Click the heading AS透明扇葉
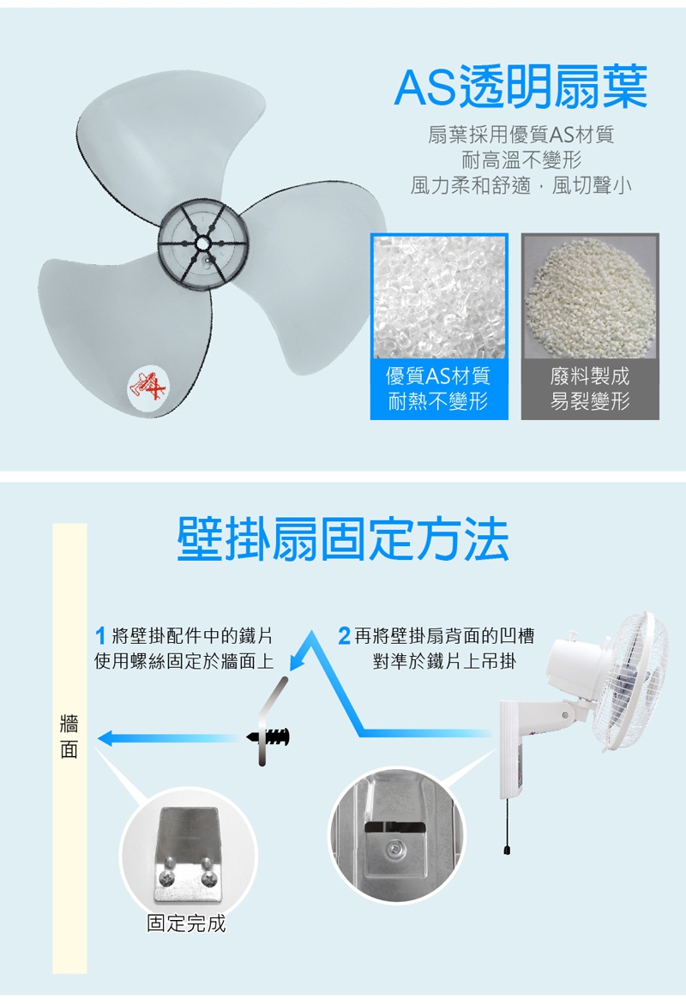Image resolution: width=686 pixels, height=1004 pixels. [x=521, y=87]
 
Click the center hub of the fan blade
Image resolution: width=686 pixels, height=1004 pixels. [x=203, y=244]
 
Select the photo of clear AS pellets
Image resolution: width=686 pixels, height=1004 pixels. [x=439, y=296]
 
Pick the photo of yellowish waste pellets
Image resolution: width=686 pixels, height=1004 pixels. [x=590, y=296]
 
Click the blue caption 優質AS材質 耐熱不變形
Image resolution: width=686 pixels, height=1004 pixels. [x=439, y=388]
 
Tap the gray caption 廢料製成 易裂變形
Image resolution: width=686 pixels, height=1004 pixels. [x=590, y=388]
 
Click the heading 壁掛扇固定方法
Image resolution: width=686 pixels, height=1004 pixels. [x=343, y=539]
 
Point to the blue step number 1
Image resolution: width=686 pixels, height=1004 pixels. [x=100, y=636]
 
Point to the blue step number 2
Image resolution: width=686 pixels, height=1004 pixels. [x=345, y=636]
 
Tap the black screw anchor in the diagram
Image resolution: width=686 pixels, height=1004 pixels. [x=269, y=736]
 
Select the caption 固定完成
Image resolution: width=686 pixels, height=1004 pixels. [x=186, y=923]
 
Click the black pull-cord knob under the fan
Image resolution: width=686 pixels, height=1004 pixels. [x=507, y=849]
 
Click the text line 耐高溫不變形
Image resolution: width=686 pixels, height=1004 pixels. [x=521, y=160]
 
